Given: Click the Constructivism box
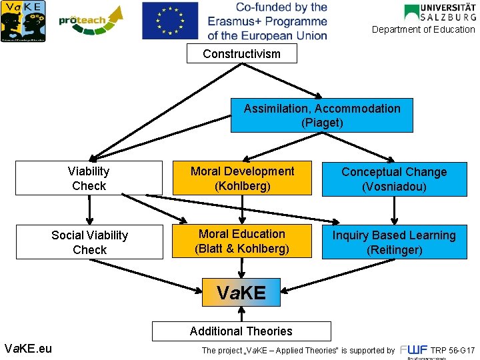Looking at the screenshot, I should pos(241,53).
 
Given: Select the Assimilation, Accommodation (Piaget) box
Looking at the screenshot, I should pos(321,115).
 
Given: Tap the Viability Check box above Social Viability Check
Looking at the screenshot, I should pos(89,178).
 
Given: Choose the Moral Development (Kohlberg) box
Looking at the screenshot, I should pos(242,179).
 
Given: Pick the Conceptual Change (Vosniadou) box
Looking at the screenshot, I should pos(394,179).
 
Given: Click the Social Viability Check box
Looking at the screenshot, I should pos(89,242).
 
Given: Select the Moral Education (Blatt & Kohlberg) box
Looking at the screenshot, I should pos(242,241).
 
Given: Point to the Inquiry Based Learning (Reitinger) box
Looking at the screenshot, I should pos(394,242).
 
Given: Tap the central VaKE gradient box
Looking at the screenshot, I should pos(241,292).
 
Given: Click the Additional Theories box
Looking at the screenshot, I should pos(241,331).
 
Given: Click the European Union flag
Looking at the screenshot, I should pos(170,21).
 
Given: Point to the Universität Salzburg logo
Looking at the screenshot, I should pos(440,13).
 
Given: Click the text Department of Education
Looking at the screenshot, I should pos(423,29).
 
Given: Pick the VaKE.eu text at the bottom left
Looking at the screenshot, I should pos(27,347).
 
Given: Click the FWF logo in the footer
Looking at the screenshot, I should pos(414,351).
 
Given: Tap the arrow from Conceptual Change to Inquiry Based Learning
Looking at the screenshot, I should pos(394,210).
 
